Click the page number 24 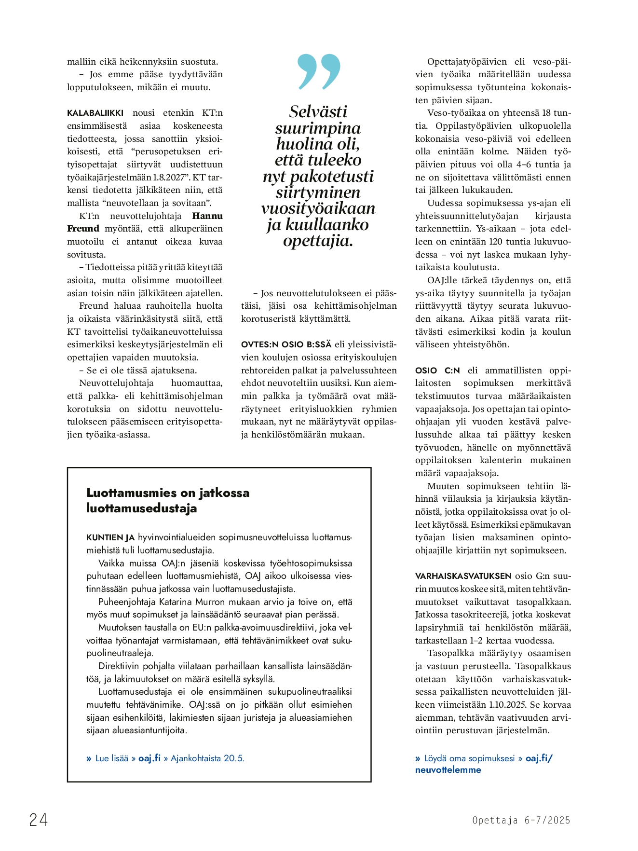[x=39, y=820]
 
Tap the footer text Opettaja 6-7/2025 [x=521, y=820]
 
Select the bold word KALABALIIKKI [x=95, y=113]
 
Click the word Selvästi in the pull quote [x=318, y=111]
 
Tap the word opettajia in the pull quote [x=318, y=241]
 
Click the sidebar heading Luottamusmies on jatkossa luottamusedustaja [x=168, y=500]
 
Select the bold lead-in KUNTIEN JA [x=110, y=537]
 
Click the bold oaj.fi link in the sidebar [x=149, y=758]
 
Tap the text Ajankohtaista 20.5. [x=207, y=758]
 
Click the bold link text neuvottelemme [x=448, y=770]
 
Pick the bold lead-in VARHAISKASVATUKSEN [x=463, y=576]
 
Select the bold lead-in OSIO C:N [x=437, y=371]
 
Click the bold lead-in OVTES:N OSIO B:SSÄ [x=286, y=344]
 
